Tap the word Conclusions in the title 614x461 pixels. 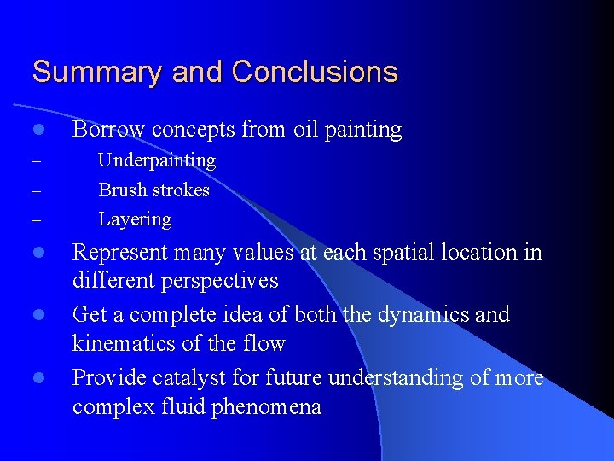click(x=315, y=72)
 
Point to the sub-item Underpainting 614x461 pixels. click(x=157, y=160)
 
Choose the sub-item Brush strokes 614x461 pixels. click(x=154, y=190)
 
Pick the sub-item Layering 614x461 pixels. click(x=135, y=219)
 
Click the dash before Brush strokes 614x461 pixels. click(x=36, y=190)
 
